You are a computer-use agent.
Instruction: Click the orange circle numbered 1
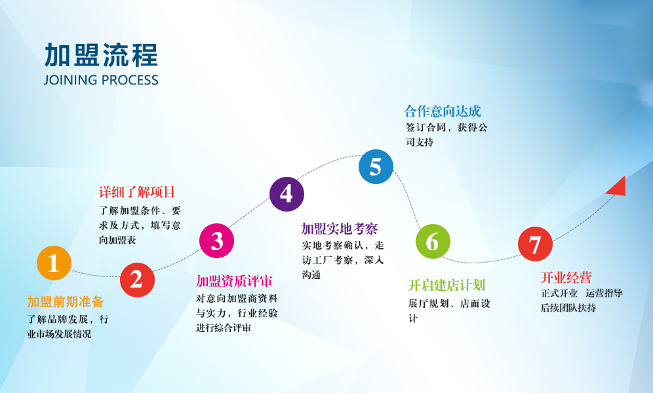click(x=54, y=263)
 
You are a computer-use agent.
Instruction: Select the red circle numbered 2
click(x=137, y=280)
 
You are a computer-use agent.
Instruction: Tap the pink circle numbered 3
click(x=216, y=241)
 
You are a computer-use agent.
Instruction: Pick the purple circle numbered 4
click(x=287, y=195)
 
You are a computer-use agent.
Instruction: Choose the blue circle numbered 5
click(x=376, y=166)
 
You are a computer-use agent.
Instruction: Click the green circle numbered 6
click(x=433, y=241)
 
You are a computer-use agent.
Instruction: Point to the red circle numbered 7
click(x=535, y=244)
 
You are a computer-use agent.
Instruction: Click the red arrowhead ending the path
click(x=618, y=187)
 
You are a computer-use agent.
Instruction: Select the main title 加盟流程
click(x=101, y=55)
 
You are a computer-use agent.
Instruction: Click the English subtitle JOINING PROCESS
click(x=101, y=80)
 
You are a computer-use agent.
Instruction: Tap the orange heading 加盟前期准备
click(x=66, y=301)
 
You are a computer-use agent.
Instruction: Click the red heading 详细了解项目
click(x=137, y=192)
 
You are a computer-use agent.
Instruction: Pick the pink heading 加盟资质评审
click(x=234, y=281)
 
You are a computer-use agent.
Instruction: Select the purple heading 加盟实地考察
click(x=340, y=229)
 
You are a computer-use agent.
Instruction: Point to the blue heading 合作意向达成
click(x=443, y=111)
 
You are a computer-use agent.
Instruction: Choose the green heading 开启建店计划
click(x=446, y=285)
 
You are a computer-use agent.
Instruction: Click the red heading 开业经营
click(x=566, y=277)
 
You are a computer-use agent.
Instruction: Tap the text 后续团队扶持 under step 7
click(x=568, y=308)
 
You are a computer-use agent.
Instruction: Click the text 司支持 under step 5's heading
click(x=420, y=142)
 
